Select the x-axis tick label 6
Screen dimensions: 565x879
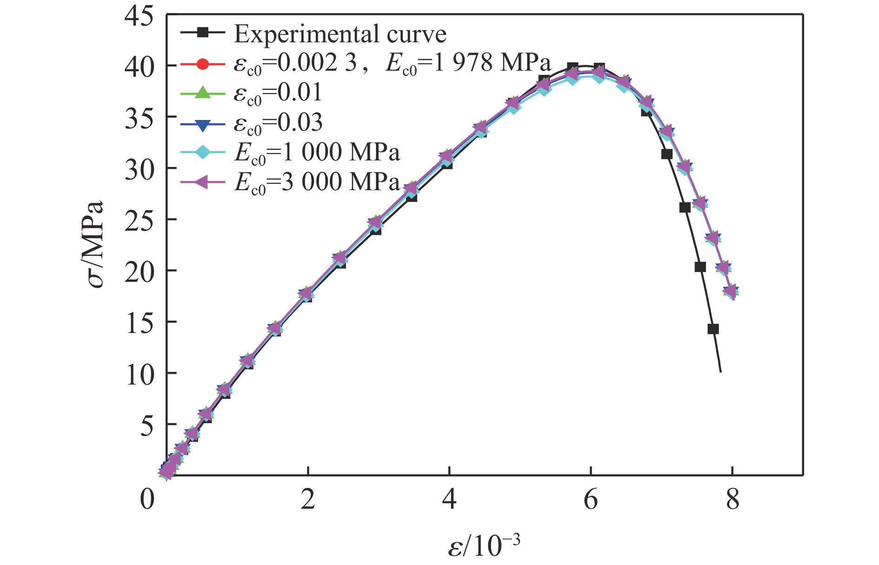coord(590,500)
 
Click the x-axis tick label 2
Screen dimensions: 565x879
coord(307,500)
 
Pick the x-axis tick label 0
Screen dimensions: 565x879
coord(147,500)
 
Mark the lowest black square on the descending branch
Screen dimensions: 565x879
coord(713,329)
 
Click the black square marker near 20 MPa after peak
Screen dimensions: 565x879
coord(700,267)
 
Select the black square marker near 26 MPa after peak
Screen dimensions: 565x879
coord(685,207)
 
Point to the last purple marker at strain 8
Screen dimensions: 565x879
coord(731,292)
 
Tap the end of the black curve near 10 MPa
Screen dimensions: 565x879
coord(720,372)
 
